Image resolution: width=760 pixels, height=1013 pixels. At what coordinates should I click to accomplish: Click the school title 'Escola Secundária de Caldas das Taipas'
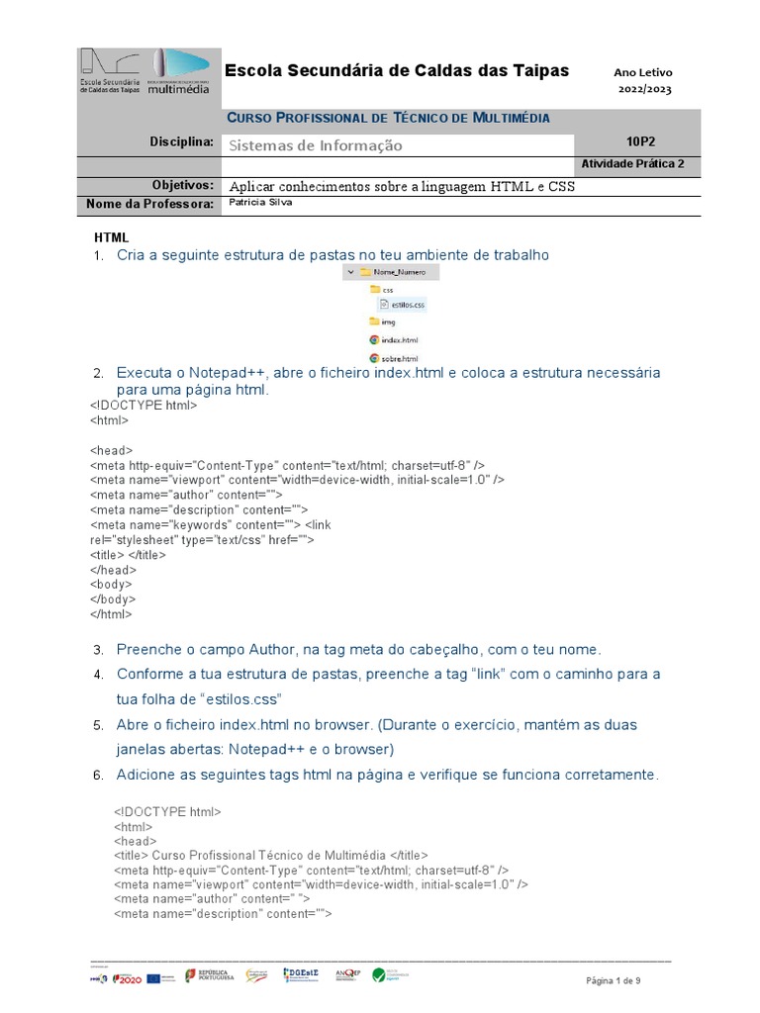397,70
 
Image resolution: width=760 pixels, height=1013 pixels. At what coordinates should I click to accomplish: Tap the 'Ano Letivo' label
642,72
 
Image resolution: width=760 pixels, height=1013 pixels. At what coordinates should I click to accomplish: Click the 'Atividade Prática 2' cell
632,164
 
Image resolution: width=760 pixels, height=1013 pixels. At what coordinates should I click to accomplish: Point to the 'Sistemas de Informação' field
316,145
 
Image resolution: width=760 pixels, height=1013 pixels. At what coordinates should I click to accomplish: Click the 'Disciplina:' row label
182,141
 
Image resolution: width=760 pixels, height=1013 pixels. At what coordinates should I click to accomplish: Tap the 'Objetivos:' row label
182,185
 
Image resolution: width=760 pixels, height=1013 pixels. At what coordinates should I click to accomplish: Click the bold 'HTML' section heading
111,237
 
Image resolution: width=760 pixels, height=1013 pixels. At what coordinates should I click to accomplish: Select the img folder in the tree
387,322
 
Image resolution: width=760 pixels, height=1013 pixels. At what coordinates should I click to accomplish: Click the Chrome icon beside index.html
374,339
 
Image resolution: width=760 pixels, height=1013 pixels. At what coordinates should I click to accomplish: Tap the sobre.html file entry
399,357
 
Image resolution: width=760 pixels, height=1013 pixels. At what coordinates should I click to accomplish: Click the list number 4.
98,675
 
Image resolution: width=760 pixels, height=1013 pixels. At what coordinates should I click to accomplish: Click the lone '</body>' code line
112,599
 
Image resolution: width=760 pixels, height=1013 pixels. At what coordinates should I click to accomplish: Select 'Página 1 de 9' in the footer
614,980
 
